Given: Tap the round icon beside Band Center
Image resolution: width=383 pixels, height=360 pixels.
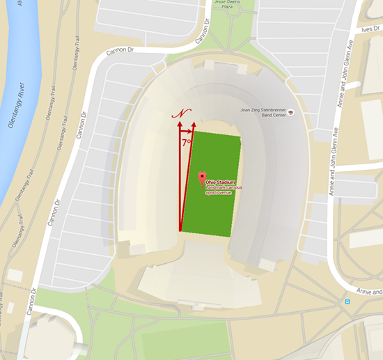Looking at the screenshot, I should pyautogui.click(x=290, y=112).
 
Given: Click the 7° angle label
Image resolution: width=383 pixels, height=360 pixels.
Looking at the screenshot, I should pyautogui.click(x=187, y=142).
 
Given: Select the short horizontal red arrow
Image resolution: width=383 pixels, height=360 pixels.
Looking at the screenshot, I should pyautogui.click(x=186, y=131).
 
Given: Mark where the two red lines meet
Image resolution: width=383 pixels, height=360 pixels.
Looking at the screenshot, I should pyautogui.click(x=180, y=230).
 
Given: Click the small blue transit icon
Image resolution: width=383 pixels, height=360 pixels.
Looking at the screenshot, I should pyautogui.click(x=346, y=302).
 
